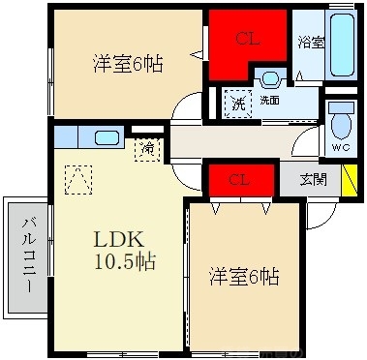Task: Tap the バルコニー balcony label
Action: point(28,255)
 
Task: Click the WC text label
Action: point(342,147)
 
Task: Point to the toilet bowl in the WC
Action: point(342,125)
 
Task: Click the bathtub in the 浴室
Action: point(342,44)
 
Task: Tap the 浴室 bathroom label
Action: point(311,43)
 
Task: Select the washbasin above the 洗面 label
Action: point(270,78)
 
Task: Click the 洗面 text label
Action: point(269,101)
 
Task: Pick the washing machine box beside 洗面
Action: point(238,104)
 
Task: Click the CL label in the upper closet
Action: point(247,39)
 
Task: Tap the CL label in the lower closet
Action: point(239,180)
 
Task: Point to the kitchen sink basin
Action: point(107,137)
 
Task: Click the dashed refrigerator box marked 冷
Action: point(147,149)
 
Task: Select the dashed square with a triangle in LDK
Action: point(78,180)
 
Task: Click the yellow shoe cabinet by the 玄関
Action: point(350,180)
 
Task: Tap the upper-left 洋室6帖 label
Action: point(128,64)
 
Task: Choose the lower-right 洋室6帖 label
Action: point(244,277)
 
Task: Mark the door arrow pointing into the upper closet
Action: point(197,55)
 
